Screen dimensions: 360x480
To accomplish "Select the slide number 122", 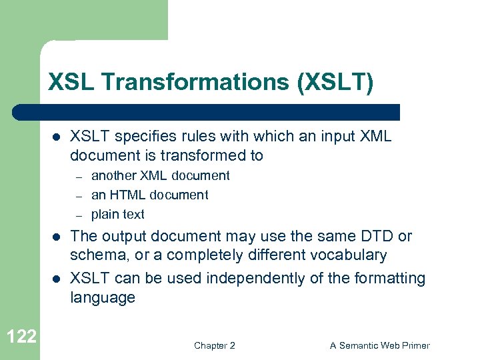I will [21, 336].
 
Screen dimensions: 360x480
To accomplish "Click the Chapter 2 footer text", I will [214, 345].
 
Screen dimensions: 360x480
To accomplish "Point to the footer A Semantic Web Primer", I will [380, 345].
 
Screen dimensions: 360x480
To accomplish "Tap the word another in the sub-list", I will [112, 176].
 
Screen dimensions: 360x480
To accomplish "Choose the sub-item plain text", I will [117, 215].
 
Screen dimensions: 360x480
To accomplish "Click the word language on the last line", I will [103, 297].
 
